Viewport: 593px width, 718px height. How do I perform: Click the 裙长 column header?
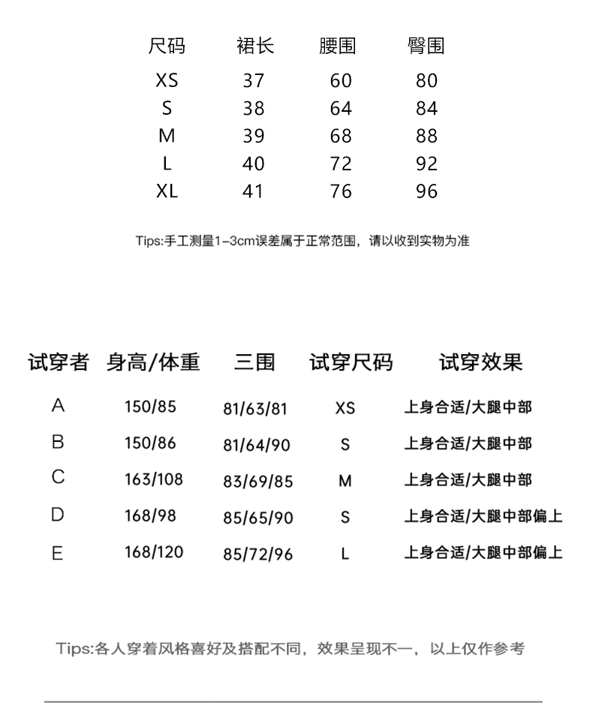pyautogui.click(x=255, y=47)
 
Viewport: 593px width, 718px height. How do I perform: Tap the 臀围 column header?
pyautogui.click(x=426, y=47)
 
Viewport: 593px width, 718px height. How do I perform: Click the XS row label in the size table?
pyautogui.click(x=167, y=81)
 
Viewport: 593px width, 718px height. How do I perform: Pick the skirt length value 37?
pyautogui.click(x=254, y=81)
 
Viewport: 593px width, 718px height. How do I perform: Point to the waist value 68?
pyautogui.click(x=341, y=137)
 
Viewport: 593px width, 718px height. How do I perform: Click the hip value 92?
pyautogui.click(x=426, y=164)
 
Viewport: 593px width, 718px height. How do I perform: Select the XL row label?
pyautogui.click(x=167, y=191)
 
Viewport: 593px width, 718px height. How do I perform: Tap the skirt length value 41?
pyautogui.click(x=254, y=191)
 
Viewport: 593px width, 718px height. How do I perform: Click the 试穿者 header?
pyautogui.click(x=59, y=363)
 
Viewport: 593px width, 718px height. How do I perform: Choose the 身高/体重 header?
pyautogui.click(x=153, y=363)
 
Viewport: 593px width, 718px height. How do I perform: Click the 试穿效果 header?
pyautogui.click(x=480, y=363)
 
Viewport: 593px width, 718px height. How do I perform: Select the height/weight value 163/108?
pyautogui.click(x=153, y=479)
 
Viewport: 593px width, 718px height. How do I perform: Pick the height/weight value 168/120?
pyautogui.click(x=153, y=553)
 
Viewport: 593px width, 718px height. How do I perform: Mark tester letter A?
pyautogui.click(x=58, y=407)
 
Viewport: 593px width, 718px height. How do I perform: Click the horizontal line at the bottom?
pyautogui.click(x=293, y=701)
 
